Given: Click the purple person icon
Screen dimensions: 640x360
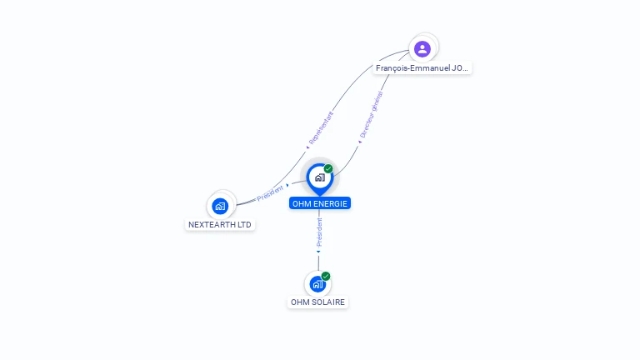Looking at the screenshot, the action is coord(422,48).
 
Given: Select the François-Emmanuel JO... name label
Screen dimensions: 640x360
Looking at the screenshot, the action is coord(422,68).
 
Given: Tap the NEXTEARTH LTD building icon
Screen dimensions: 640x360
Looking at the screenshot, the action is coord(220,205).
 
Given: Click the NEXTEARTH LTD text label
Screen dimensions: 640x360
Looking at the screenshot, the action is coord(220,225).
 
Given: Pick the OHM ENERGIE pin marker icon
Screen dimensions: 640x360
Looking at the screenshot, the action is coord(319,177).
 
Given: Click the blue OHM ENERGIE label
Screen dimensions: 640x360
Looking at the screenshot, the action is coord(320,203).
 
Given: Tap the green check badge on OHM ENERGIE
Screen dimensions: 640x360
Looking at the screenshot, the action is coord(328,168).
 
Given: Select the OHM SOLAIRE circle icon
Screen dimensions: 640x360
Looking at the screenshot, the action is coord(317,284).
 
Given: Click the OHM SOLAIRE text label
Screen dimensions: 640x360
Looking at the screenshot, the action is coord(317,302).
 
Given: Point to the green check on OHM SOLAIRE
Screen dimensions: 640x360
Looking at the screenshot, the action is coord(326,276).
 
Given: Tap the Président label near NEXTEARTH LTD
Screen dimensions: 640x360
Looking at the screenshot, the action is coord(270,193).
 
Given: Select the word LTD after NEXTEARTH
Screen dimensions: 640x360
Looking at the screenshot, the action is coord(242,225).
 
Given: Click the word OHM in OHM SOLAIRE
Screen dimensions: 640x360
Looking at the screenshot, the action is coord(299,302).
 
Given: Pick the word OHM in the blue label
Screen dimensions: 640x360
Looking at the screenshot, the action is coord(301,203).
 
